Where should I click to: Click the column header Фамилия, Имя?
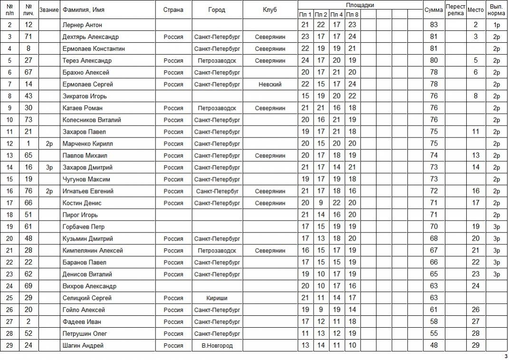click(84, 10)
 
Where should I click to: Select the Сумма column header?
click(433, 10)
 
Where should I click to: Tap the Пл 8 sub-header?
click(352, 14)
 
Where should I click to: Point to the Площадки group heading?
click(360, 5)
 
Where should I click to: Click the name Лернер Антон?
click(82, 25)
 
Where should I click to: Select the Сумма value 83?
click(433, 25)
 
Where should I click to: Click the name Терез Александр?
click(87, 60)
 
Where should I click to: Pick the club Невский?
click(270, 84)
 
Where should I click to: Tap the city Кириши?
click(217, 298)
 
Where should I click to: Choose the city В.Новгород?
click(217, 346)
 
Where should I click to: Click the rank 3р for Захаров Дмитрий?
click(49, 167)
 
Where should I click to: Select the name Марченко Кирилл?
click(87, 144)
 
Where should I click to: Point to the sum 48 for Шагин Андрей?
click(433, 346)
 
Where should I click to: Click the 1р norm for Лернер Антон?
click(497, 25)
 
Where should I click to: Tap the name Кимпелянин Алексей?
click(93, 251)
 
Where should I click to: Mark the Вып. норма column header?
click(497, 10)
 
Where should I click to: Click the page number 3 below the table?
click(505, 356)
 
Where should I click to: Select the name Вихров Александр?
click(89, 286)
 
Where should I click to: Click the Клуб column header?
click(270, 10)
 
